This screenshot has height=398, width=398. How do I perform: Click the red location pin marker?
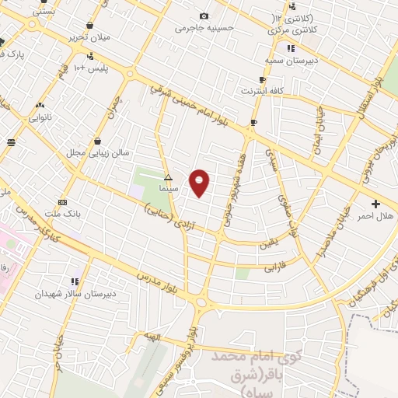pos(200,182)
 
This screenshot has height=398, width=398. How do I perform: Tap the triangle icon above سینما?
pos(168,177)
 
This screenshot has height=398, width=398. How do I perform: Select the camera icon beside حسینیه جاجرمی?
pos(204,16)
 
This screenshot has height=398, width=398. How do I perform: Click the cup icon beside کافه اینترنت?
pos(262,79)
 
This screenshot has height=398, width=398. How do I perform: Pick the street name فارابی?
pos(274,267)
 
